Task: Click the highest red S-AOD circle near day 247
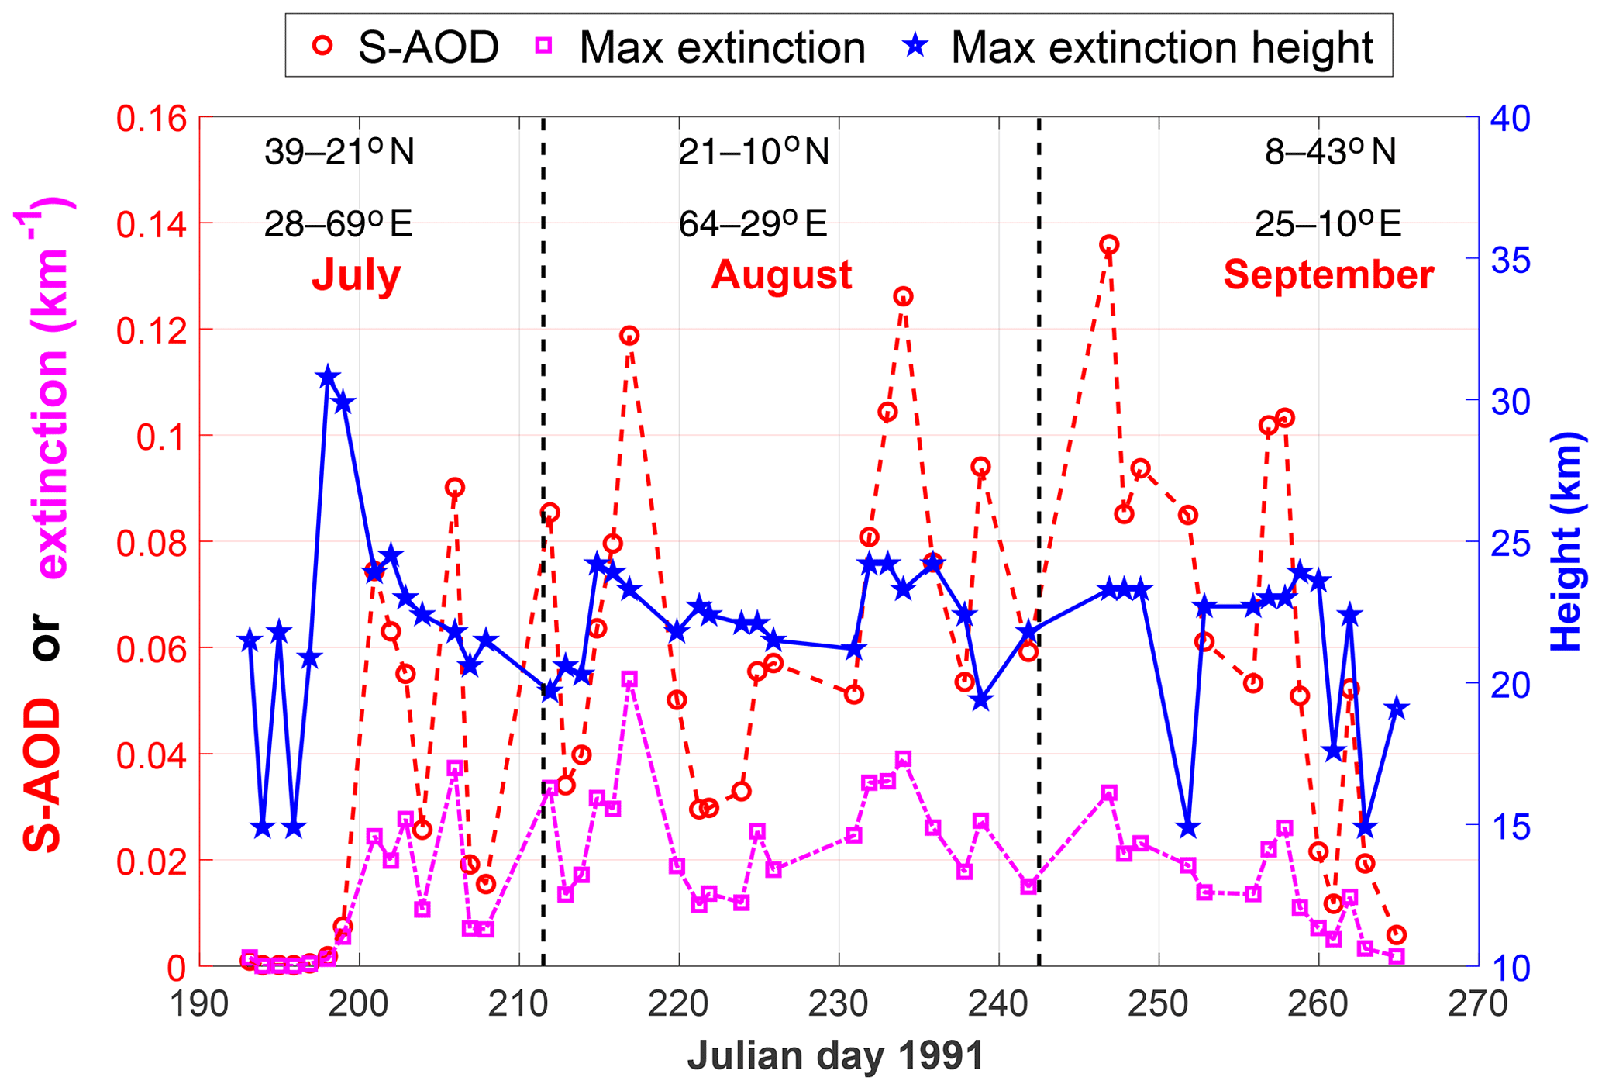[1109, 245]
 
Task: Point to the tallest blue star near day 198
[327, 378]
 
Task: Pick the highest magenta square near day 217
[629, 679]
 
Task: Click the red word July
[357, 275]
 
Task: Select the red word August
[781, 275]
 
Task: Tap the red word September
[1328, 275]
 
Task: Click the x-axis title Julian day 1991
[835, 1056]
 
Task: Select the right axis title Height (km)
[1566, 541]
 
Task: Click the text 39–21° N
[339, 152]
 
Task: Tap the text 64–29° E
[753, 225]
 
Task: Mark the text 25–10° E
[1328, 225]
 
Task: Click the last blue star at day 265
[1397, 708]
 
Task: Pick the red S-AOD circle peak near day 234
[903, 296]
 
